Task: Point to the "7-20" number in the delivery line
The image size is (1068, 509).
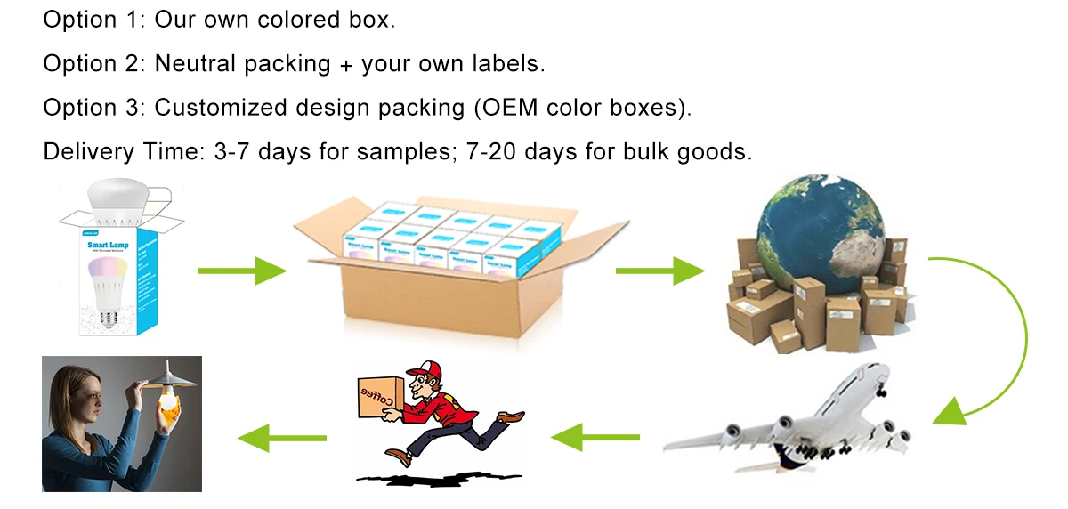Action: tap(489, 151)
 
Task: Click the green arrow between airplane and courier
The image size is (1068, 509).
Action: tap(595, 436)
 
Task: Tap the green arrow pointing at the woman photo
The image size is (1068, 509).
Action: tap(281, 436)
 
